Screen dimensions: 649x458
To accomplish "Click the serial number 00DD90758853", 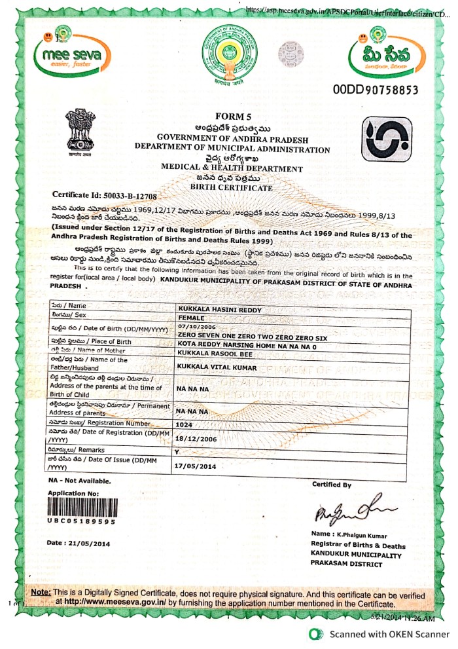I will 375,89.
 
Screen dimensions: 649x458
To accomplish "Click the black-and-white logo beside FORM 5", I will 387,139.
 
